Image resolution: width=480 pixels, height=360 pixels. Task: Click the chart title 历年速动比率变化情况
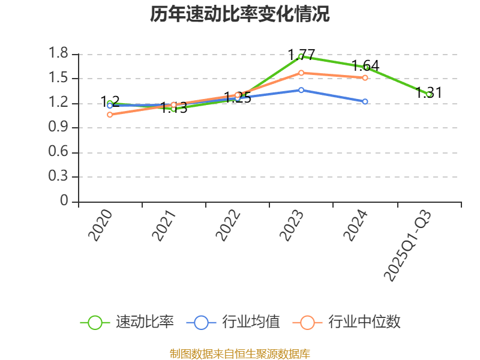[240, 14]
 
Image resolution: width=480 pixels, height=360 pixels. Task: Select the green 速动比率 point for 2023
[301, 56]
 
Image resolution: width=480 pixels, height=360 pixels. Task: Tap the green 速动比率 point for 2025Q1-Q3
[429, 94]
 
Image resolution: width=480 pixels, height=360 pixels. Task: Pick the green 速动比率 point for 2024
[365, 67]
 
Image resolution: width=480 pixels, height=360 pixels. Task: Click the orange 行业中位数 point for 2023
[301, 73]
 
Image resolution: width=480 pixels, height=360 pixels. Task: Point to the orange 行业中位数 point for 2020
[110, 115]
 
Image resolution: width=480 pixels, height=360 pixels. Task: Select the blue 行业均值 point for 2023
[301, 90]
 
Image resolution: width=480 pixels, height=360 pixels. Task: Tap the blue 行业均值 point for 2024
[365, 101]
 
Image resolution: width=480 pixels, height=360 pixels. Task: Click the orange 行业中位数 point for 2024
[365, 78]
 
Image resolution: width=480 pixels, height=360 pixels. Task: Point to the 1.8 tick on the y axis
[59, 54]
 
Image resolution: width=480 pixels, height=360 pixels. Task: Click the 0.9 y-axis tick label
[59, 128]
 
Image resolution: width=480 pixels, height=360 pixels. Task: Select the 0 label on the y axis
[65, 202]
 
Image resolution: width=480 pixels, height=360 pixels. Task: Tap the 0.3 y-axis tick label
[59, 177]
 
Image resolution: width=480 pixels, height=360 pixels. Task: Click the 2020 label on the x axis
[100, 226]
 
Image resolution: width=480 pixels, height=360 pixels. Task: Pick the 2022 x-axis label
[229, 226]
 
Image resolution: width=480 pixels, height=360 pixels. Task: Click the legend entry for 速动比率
[127, 322]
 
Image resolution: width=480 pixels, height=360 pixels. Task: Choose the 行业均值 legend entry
[234, 322]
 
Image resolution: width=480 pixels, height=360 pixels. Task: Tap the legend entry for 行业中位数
[347, 322]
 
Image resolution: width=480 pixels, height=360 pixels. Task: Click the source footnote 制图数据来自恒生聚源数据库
[240, 353]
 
